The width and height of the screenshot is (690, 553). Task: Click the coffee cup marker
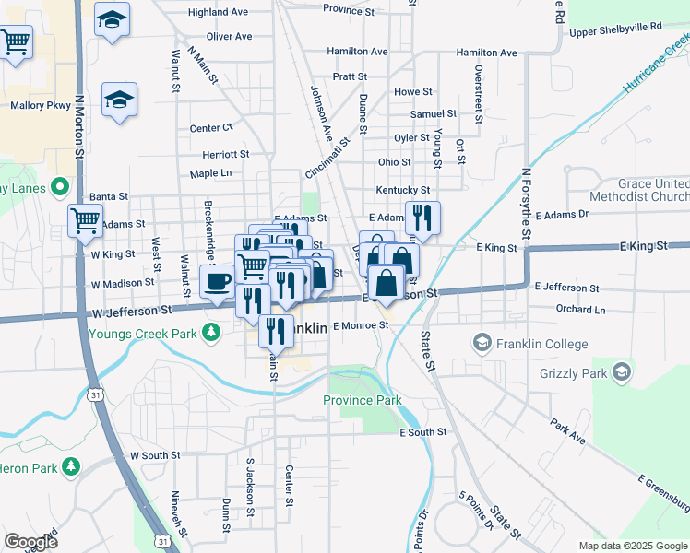[218, 280]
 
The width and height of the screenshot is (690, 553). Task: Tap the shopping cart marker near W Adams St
[85, 221]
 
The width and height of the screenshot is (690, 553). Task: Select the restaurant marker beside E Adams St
[422, 218]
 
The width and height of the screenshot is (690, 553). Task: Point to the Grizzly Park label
[575, 373]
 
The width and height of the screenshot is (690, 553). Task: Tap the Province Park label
[362, 400]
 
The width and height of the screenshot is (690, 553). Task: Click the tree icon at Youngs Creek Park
[212, 330]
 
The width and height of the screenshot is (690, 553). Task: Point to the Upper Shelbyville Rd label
[615, 28]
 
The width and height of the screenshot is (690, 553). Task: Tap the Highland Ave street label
[218, 13]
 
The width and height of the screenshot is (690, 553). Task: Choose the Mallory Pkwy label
[41, 105]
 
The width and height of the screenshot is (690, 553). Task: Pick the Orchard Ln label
[581, 310]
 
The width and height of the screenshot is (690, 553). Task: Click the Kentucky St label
[399, 190]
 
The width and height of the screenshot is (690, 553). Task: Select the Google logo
[31, 542]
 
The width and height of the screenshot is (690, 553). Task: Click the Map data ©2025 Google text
[632, 546]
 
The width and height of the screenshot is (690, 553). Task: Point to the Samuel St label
[434, 113]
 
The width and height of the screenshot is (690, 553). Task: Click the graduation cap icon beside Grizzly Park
[622, 372]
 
